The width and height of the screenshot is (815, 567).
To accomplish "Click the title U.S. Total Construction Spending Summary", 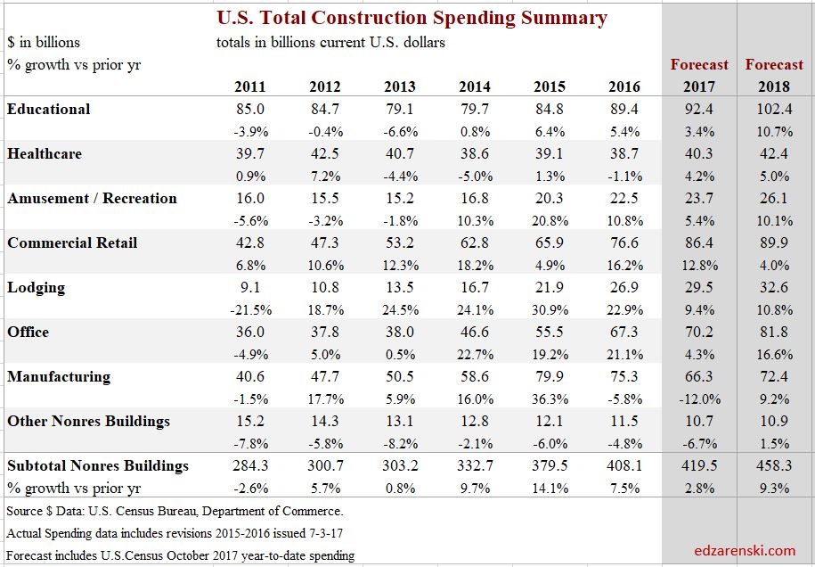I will click(412, 18).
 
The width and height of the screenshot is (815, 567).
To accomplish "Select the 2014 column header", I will click(475, 87).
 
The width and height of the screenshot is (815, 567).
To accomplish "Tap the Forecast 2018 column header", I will click(774, 76).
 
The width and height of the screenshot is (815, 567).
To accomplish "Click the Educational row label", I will click(49, 110).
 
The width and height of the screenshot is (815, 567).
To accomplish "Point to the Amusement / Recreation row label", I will click(93, 199).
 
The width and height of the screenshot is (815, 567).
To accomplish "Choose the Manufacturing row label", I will click(59, 377).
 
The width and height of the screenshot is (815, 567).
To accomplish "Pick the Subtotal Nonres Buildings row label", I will click(98, 465).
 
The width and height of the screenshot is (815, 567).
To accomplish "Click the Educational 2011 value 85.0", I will click(249, 110).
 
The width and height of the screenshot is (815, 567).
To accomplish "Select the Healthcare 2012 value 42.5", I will click(324, 154).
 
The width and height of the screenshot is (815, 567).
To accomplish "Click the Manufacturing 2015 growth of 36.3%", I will click(549, 399).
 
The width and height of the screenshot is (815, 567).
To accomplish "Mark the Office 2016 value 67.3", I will click(623, 333).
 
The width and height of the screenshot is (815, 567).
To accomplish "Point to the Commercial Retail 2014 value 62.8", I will click(474, 243).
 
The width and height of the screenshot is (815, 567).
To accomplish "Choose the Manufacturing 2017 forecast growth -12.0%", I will click(699, 399).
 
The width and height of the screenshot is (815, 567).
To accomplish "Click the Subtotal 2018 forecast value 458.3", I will click(774, 466).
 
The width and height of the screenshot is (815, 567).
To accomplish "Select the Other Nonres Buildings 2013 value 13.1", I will click(399, 422).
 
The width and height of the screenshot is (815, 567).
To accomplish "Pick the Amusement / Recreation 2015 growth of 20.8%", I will click(549, 221).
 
